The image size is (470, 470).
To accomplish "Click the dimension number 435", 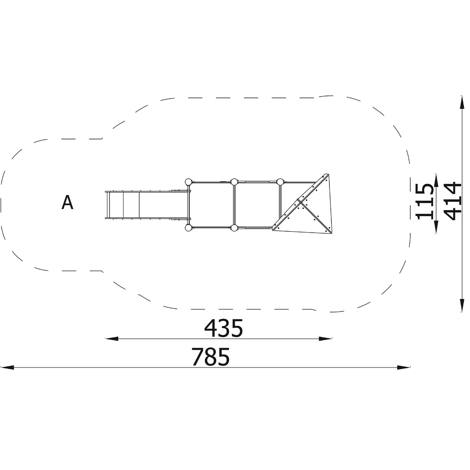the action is coord(223,328).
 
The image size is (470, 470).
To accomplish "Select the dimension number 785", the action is coord(211,356).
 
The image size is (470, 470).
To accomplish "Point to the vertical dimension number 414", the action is coord(452,201).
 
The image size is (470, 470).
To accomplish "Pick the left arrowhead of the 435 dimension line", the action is coord(111,339).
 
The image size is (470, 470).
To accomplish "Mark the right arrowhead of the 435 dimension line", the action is coord(326,339).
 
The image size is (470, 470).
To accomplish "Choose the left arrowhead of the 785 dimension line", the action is coord(7,367).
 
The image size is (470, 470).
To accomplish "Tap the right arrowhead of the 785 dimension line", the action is coord(403,367).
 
